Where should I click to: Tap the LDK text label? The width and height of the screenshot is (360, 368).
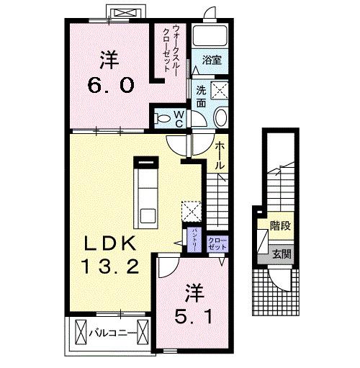(111, 242)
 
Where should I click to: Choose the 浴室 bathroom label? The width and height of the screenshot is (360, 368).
(211, 61)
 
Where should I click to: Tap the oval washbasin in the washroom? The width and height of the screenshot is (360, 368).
(220, 119)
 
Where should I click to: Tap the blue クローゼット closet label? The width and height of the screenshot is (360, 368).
(216, 241)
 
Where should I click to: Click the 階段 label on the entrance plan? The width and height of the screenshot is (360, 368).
(280, 226)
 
